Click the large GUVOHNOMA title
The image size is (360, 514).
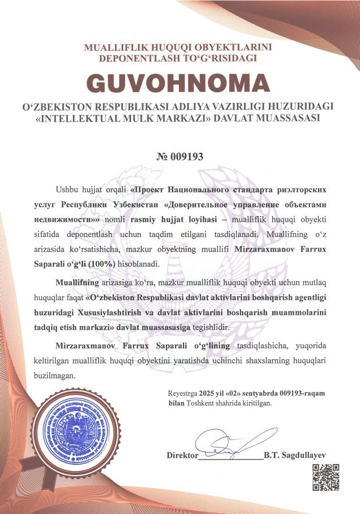tap(179, 84)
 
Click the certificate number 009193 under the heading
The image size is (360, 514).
tap(179, 156)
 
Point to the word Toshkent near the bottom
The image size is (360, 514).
tap(201, 402)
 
